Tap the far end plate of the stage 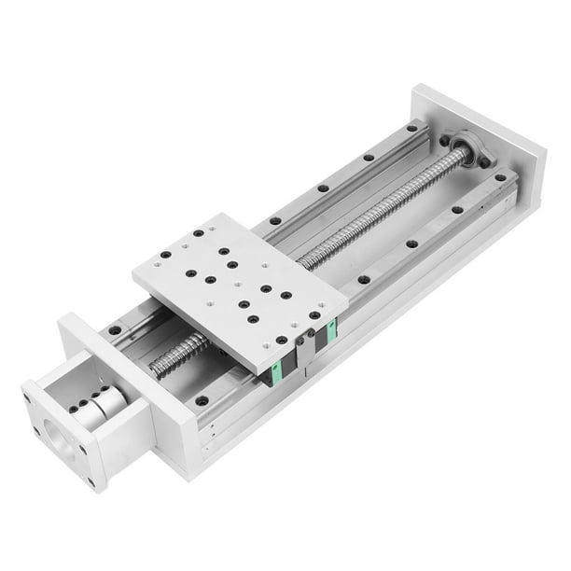tap(476, 140)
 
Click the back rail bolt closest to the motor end tap(113, 328)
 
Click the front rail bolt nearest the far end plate tap(501, 177)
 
